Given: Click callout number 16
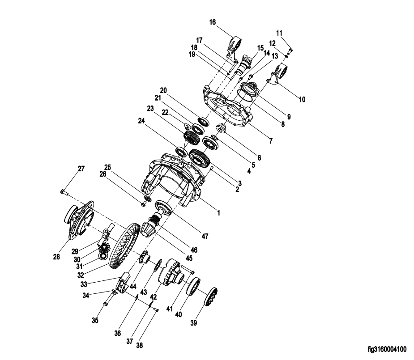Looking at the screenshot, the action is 213,22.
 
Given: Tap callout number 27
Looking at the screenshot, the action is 81,169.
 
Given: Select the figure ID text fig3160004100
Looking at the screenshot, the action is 387,350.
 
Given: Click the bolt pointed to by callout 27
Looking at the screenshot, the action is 64,192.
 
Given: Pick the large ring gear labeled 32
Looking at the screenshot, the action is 124,246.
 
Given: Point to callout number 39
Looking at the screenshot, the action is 193,323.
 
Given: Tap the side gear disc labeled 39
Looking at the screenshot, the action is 211,297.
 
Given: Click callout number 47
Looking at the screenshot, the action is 205,236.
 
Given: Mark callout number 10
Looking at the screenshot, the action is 302,99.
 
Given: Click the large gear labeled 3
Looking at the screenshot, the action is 200,158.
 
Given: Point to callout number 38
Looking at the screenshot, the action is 139,345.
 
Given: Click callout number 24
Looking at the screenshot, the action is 141,121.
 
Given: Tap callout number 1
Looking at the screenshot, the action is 218,212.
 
